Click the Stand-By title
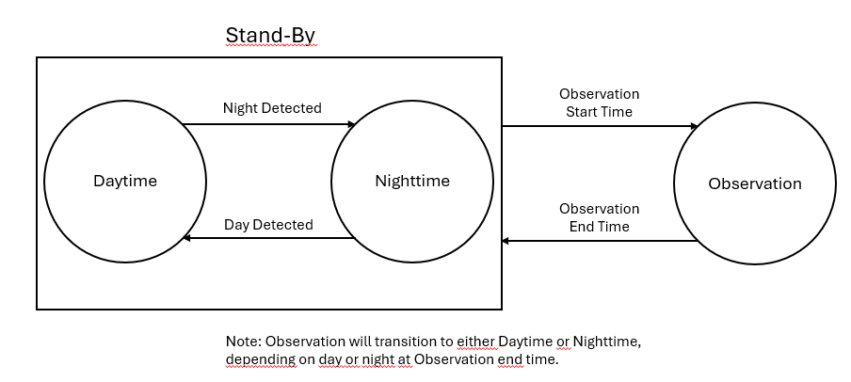(x=270, y=36)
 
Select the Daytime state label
(x=125, y=182)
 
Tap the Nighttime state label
(x=412, y=182)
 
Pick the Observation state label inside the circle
(x=754, y=183)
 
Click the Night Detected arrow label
(x=272, y=108)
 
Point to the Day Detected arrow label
(x=268, y=225)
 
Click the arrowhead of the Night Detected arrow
(x=351, y=124)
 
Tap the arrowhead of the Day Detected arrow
(x=186, y=238)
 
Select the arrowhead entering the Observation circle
(x=694, y=126)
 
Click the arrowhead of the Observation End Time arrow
(x=506, y=240)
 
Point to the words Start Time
(x=599, y=112)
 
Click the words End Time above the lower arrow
(x=599, y=226)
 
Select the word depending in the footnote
(x=261, y=359)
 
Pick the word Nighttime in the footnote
(x=607, y=342)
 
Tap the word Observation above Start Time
(x=599, y=94)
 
